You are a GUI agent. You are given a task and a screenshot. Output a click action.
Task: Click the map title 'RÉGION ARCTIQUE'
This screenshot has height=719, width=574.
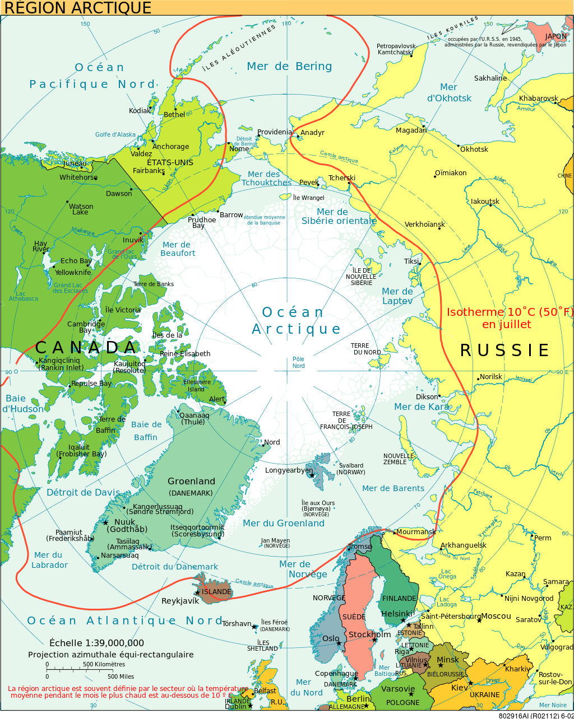coord(78,8)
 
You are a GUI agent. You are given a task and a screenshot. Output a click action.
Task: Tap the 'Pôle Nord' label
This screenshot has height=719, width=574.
coord(298,362)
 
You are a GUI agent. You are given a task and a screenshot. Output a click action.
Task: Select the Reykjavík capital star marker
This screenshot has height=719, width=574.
coord(197,592)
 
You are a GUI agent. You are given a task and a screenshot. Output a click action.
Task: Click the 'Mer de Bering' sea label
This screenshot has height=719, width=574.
coord(289,66)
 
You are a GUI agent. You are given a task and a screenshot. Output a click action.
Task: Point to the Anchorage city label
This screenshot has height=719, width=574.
coord(170,147)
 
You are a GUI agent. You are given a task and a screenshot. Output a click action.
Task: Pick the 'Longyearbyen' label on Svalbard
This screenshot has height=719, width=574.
coord(289,470)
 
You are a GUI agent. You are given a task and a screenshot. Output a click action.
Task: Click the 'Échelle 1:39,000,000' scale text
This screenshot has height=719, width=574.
coord(96,643)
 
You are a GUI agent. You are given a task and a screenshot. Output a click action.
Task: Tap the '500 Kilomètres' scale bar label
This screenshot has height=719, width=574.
coord(104,665)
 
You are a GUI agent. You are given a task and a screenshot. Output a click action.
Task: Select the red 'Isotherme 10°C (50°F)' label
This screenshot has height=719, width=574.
coord(510,318)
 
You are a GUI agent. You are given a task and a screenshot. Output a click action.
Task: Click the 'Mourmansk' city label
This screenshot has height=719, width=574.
coord(416,532)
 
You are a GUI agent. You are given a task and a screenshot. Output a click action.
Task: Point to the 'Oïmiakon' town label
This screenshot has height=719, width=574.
coord(451,173)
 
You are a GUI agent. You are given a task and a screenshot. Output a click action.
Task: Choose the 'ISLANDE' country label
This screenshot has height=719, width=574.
coord(216,592)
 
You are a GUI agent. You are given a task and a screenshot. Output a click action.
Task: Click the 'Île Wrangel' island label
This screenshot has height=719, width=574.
coord(308,198)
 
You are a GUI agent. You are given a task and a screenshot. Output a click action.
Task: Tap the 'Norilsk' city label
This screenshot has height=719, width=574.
coord(491,377)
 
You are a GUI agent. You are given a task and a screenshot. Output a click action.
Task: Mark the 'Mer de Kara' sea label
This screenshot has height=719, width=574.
coord(421,407)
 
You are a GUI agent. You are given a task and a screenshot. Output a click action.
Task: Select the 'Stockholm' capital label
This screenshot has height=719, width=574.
coord(369,634)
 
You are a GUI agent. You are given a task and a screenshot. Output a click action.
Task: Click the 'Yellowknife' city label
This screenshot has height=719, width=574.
coord(73,273)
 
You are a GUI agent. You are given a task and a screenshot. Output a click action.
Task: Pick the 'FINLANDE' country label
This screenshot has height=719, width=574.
coord(399,599)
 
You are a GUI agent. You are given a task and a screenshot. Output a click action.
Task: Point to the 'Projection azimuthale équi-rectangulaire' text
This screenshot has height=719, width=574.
coord(111,655)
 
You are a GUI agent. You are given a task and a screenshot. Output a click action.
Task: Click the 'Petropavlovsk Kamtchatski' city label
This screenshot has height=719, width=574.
coord(396,49)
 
